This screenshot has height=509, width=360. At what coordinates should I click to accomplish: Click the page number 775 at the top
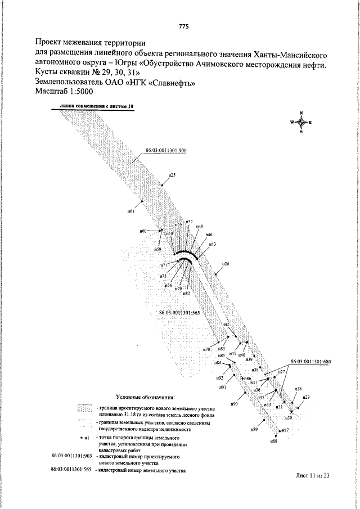point(183,26)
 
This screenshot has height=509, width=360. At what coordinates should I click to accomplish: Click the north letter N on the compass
point(301,113)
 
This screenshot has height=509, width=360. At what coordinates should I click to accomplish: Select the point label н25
point(172,175)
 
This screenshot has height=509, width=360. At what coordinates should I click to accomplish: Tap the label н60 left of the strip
point(143,231)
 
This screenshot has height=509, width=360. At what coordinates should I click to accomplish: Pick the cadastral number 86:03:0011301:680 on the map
point(310,362)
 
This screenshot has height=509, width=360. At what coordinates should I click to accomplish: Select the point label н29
point(306,398)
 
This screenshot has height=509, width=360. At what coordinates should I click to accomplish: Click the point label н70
point(206,349)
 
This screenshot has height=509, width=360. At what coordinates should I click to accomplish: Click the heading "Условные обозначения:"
point(146,397)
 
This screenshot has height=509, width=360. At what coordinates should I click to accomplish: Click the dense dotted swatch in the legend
point(84,409)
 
